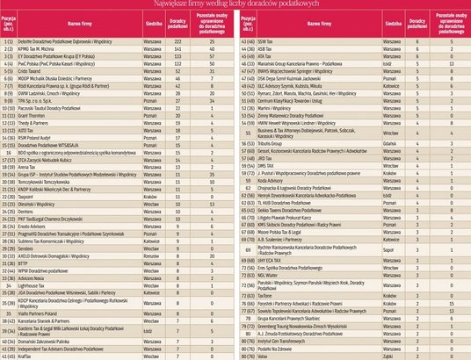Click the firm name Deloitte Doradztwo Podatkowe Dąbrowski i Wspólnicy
(70, 41)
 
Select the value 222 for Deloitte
(177, 41)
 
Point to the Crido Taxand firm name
(40, 72)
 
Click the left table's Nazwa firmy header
(79, 22)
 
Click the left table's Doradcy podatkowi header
(177, 22)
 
